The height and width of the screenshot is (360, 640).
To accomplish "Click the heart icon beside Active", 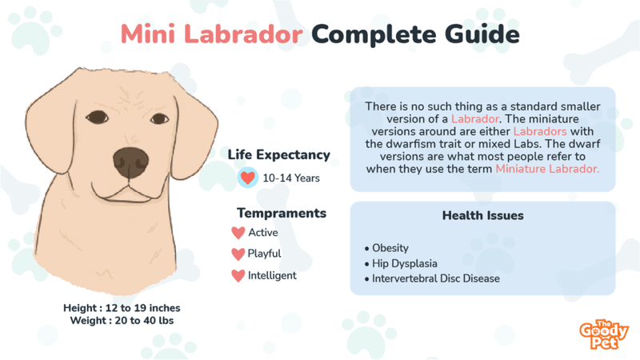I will tap(238, 233).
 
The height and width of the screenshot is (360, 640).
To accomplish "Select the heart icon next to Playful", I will tap(238, 254).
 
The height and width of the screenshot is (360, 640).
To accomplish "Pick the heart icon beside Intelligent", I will tap(238, 276).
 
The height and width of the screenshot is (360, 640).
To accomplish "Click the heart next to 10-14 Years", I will tap(249, 178).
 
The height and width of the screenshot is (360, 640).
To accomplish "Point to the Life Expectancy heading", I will tap(278, 155).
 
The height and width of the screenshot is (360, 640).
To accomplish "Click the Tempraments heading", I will tap(281, 213).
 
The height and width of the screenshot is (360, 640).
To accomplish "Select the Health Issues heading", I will tap(482, 216).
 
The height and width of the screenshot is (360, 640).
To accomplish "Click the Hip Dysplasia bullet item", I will tap(405, 263).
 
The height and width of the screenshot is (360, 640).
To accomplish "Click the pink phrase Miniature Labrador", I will tap(546, 169).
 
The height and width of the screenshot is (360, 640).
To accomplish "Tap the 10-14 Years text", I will tap(291, 178).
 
